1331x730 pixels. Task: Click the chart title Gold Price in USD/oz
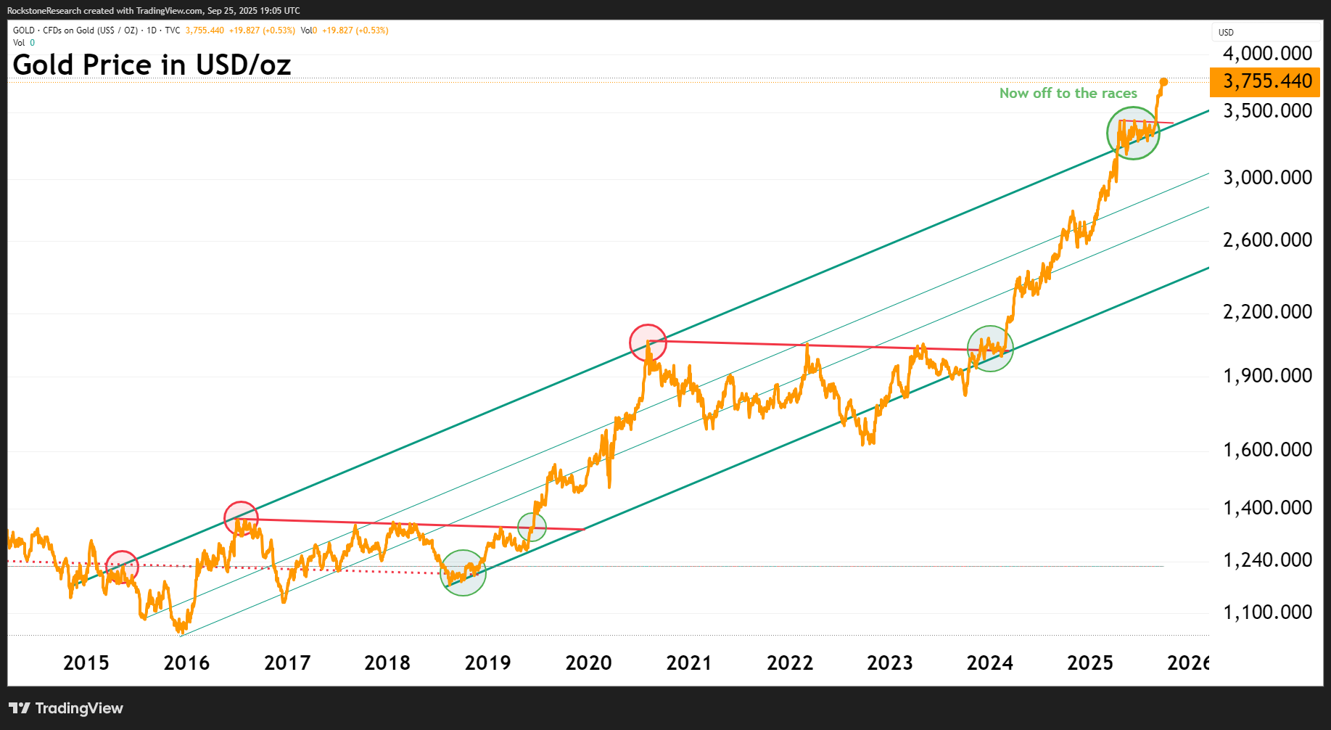152,65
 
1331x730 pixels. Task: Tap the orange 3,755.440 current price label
1266,81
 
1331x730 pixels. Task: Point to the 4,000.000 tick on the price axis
1266,54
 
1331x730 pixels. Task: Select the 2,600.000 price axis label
1266,240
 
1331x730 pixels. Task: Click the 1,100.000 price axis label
1266,612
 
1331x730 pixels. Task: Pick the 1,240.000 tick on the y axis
1266,560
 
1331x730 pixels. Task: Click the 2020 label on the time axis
588,663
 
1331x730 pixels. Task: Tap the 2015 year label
86,663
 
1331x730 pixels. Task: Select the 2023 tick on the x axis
889,663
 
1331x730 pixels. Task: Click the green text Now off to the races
1068,94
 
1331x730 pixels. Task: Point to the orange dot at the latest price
1163,82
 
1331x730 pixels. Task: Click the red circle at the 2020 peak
648,343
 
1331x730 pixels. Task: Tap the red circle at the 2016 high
242,519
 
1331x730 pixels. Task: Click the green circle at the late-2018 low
463,573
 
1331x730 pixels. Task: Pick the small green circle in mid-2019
532,527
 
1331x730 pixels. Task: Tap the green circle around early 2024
990,349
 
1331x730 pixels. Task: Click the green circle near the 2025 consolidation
1133,134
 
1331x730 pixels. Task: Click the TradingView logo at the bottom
66,708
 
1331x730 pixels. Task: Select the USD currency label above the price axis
1226,33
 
